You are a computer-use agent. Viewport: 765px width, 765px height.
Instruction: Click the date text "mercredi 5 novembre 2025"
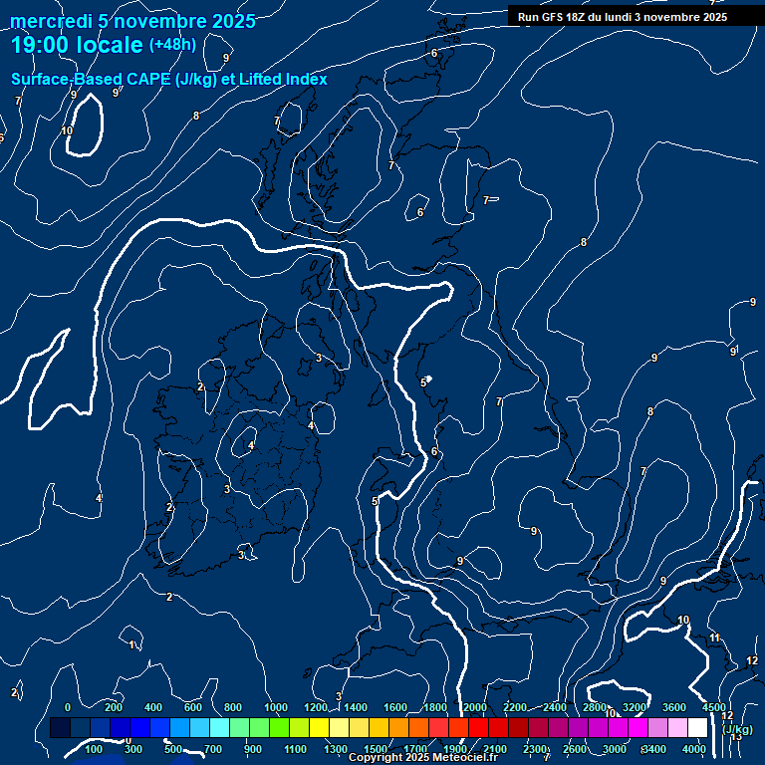[x=133, y=21]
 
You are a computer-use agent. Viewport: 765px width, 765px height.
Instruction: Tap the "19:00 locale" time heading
[x=77, y=45]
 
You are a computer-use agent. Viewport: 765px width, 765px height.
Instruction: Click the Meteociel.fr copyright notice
[x=422, y=758]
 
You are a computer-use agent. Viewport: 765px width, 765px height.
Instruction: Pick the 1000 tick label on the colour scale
[x=276, y=707]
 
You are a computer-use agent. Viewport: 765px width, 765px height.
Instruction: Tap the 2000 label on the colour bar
[x=475, y=707]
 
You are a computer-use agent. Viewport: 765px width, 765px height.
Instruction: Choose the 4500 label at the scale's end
[x=713, y=707]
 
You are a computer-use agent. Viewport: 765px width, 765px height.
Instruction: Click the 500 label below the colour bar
[x=173, y=749]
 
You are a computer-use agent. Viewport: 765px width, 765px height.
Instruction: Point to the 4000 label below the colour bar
[x=694, y=749]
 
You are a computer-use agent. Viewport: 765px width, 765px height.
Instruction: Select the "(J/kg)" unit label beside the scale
[x=738, y=729]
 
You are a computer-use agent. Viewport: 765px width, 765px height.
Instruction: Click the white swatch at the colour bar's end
[x=697, y=728]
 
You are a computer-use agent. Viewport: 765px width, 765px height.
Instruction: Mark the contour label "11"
[x=714, y=637]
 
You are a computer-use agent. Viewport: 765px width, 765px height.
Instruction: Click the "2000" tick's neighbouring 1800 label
[x=435, y=707]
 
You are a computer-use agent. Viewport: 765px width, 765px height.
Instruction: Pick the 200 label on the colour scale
[x=114, y=707]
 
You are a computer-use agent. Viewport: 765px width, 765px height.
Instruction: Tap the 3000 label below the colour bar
[x=615, y=749]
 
